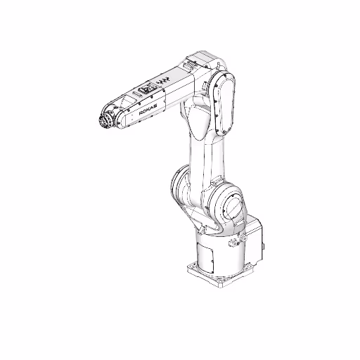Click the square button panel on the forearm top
pyautogui.click(x=147, y=90)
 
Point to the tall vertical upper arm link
pyautogui.click(x=205, y=151)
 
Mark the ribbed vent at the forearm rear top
pyautogui.click(x=193, y=65)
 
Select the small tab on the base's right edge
pyautogui.click(x=265, y=247)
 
